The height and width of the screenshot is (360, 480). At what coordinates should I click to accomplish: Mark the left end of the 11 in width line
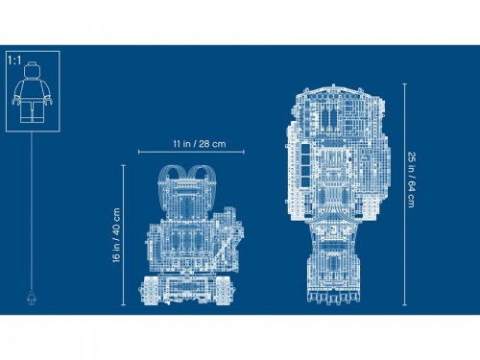[139, 152]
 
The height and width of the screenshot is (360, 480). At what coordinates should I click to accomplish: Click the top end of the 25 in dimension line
[403, 83]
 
